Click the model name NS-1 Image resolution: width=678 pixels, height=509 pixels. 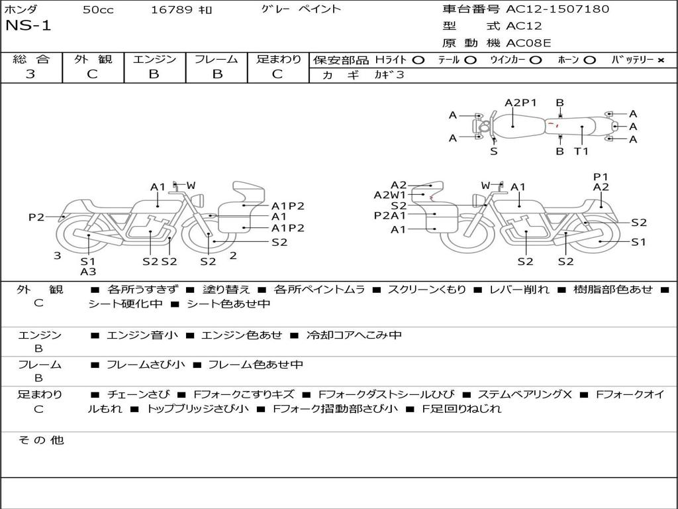[x=28, y=26]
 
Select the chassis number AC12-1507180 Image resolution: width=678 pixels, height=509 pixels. [x=557, y=9]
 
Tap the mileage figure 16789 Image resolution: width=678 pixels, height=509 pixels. [x=171, y=9]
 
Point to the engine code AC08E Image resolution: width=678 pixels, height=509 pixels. [x=528, y=43]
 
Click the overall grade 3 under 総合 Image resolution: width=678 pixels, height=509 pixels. [x=30, y=74]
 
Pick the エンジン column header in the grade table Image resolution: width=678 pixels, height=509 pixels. [x=154, y=59]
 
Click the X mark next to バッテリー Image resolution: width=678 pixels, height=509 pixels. [x=660, y=60]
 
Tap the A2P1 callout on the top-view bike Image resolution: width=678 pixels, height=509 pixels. [x=520, y=103]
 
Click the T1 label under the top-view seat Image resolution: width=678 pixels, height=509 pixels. [x=581, y=151]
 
